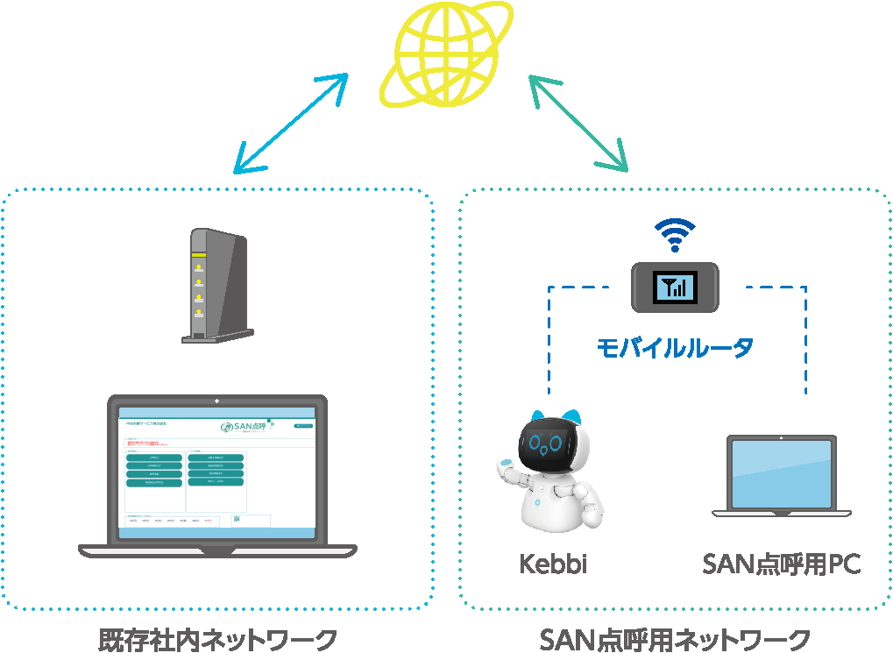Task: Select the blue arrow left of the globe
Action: (290, 123)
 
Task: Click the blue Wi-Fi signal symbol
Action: (675, 235)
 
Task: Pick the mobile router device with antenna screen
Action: (676, 287)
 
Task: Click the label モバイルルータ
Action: (675, 348)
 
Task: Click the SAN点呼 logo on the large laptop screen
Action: (247, 428)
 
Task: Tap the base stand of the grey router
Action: (217, 336)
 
